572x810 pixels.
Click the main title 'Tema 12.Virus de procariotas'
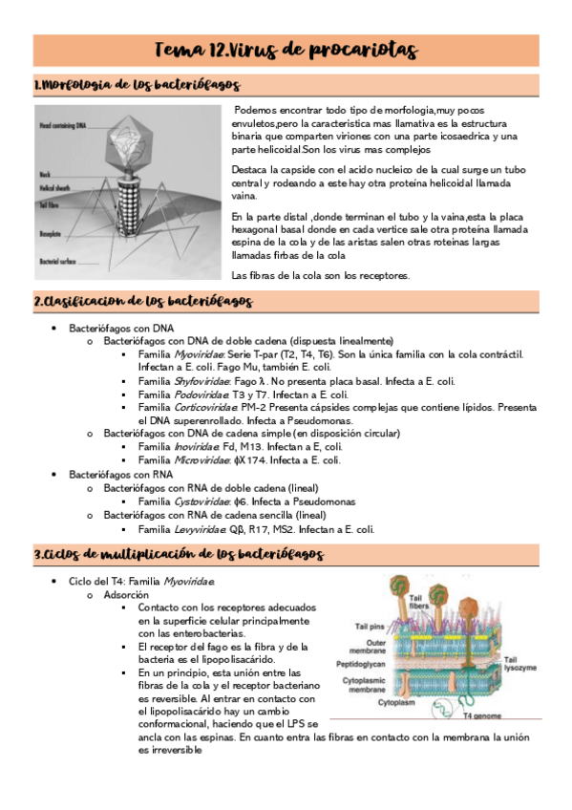pyautogui.click(x=287, y=50)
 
